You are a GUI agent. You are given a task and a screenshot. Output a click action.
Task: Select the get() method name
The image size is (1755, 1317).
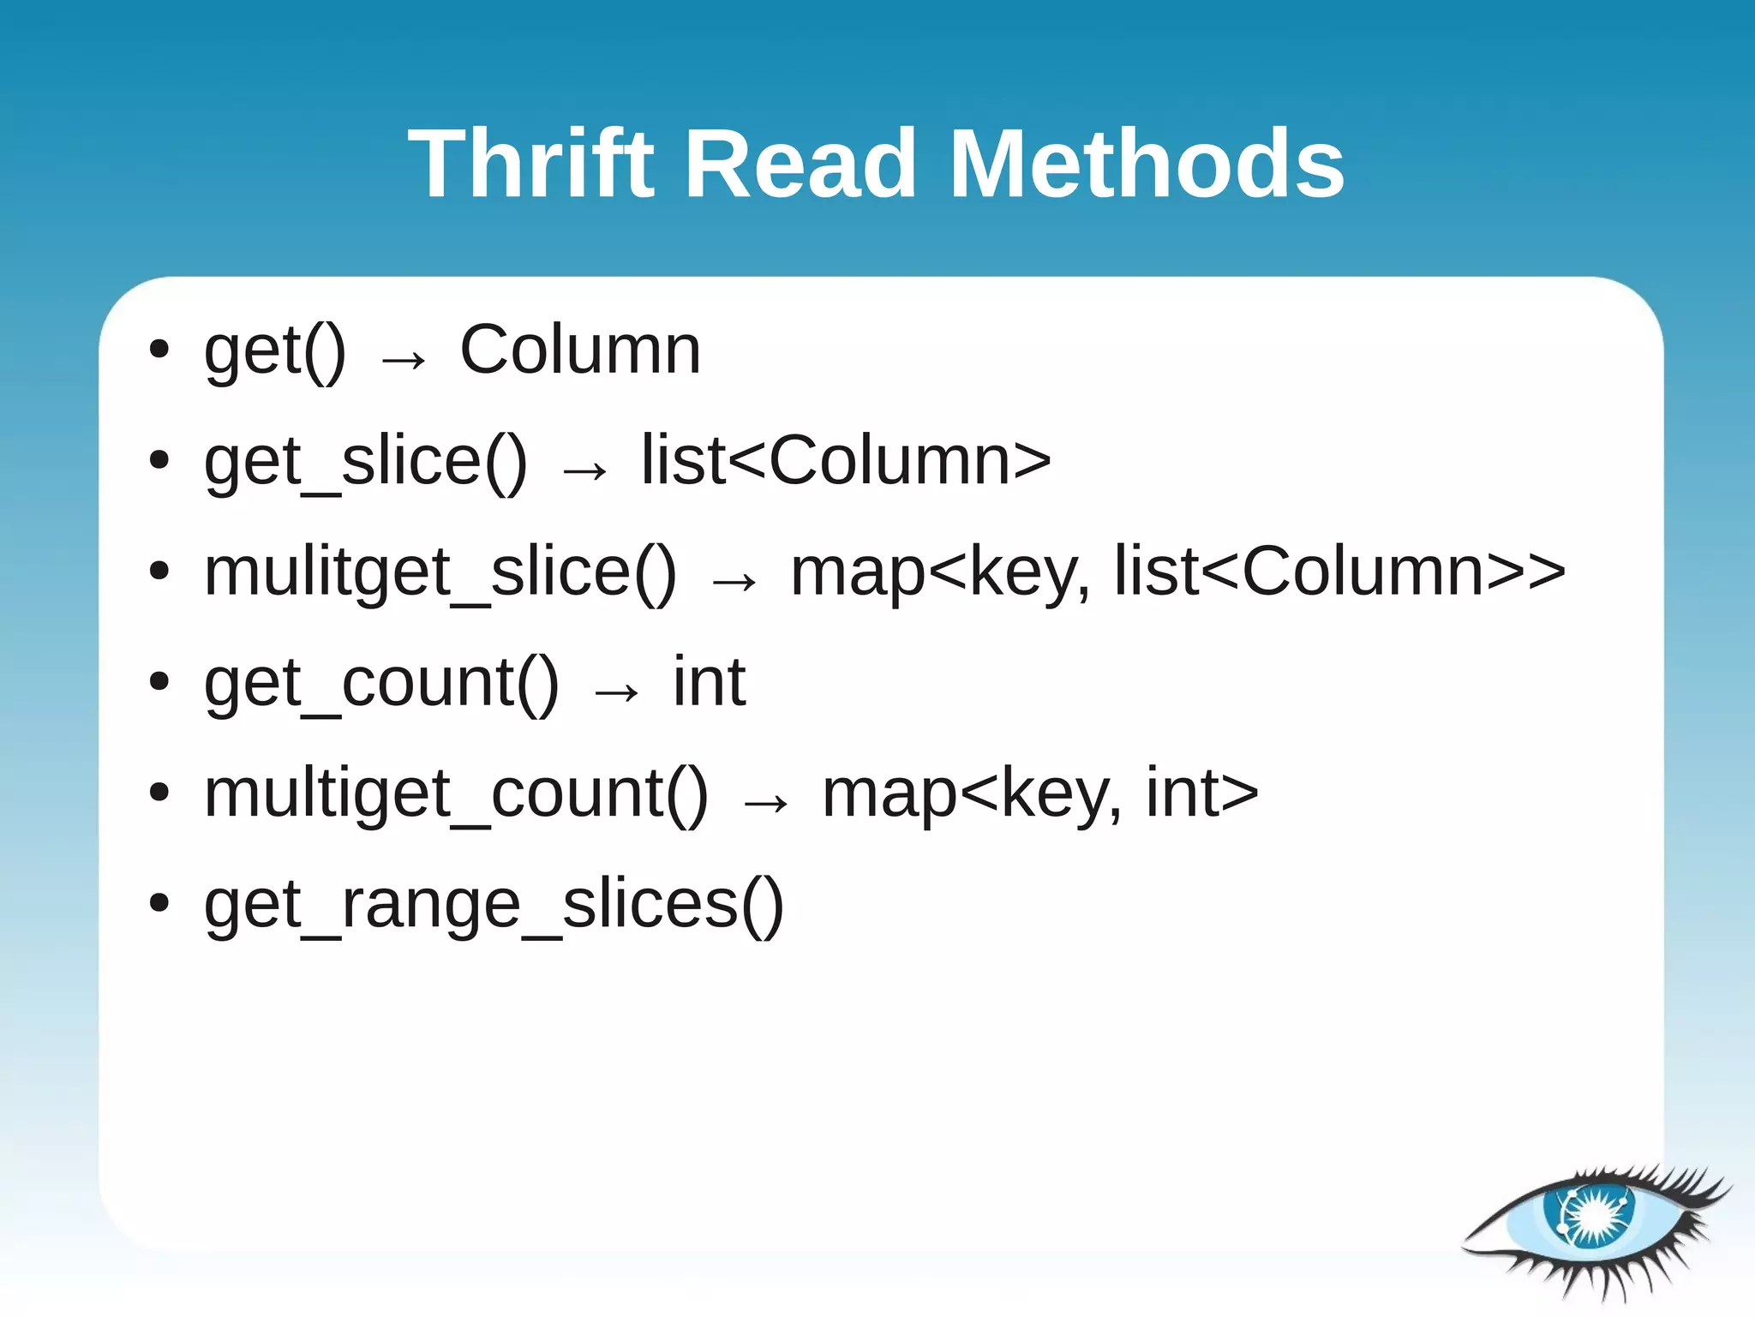click(x=274, y=351)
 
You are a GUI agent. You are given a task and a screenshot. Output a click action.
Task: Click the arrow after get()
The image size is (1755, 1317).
click(x=403, y=359)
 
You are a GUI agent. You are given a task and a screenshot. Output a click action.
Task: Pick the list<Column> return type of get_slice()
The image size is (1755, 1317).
click(x=846, y=461)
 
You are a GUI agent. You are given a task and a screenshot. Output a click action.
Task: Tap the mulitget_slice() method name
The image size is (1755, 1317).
click(x=440, y=573)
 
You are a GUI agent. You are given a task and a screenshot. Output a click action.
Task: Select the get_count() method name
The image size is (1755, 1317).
click(x=381, y=684)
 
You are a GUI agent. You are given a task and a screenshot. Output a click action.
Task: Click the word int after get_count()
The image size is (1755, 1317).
click(x=709, y=683)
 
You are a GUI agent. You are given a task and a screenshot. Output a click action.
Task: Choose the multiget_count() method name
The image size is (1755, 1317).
click(x=456, y=794)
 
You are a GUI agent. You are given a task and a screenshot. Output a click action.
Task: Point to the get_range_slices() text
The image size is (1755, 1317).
click(x=494, y=906)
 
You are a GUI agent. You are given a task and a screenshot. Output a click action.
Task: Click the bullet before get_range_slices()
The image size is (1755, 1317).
click(x=159, y=902)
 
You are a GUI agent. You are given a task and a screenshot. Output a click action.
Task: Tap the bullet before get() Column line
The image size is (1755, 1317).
click(x=159, y=349)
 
